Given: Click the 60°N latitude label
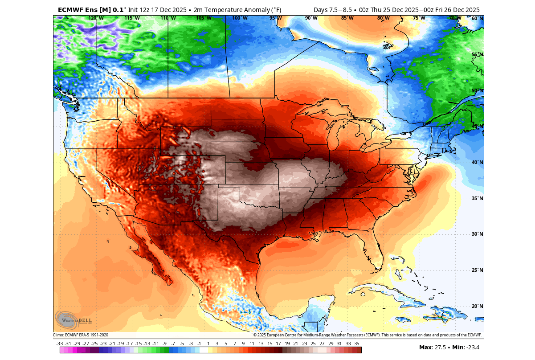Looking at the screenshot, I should pos(477,18).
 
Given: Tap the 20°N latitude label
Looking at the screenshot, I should pos(477,306).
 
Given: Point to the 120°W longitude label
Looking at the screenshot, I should pos(96,18).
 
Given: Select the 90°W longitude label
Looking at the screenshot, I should pos(311,18).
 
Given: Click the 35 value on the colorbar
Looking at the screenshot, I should pos(357,344).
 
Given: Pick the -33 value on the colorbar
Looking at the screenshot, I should pos(60,344).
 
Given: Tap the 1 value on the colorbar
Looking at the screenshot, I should pos(208,344).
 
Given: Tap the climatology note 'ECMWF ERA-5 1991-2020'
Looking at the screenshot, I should pos(87,335).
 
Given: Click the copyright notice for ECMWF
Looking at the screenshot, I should pos(368,335).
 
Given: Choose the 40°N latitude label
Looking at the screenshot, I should pos(477,162).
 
